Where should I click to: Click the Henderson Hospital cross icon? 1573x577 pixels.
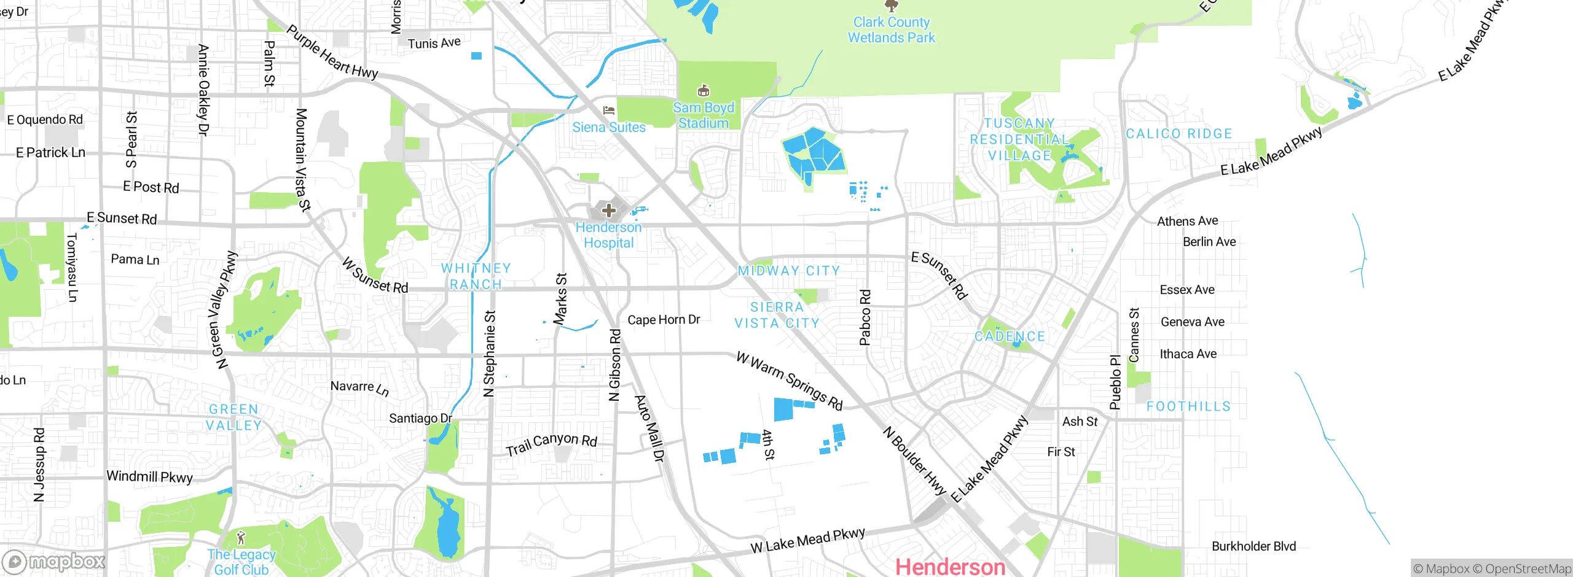[608, 211]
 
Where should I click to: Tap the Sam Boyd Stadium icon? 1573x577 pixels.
[704, 91]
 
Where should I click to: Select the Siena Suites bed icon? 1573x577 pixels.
[609, 110]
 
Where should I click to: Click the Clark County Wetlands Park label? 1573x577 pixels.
[891, 30]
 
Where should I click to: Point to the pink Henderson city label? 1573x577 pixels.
[950, 566]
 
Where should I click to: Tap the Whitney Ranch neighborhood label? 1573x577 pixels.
[476, 276]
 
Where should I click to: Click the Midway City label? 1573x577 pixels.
[788, 271]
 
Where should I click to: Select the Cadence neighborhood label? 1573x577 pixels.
[1010, 336]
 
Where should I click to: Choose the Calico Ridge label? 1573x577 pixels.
[1179, 134]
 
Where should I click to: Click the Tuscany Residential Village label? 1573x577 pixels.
[1019, 139]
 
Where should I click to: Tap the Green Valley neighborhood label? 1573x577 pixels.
[233, 417]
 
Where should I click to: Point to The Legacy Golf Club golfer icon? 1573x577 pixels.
[241, 538]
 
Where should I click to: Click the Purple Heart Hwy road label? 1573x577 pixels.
[332, 52]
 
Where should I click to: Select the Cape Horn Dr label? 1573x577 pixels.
[664, 320]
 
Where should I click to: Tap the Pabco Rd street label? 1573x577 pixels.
[865, 317]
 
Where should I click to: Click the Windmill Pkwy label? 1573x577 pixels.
[149, 477]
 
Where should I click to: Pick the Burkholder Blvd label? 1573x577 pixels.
[1253, 546]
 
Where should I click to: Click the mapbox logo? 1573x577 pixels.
[54, 562]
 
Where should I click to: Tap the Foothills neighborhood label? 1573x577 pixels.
[1188, 406]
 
